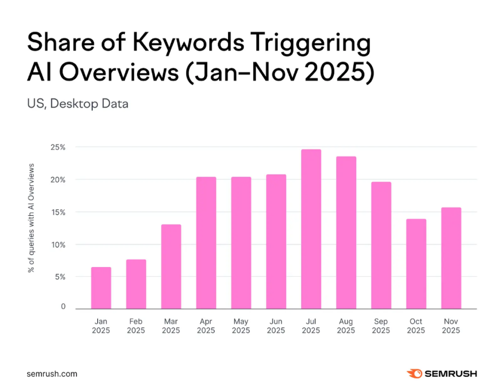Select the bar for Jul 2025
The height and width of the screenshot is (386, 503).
pyautogui.click(x=311, y=229)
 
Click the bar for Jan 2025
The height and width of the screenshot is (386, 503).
pyautogui.click(x=101, y=288)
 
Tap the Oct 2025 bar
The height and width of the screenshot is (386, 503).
pyautogui.click(x=416, y=264)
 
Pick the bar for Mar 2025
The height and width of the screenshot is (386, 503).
pyautogui.click(x=171, y=267)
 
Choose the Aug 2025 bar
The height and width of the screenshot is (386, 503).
pyautogui.click(x=346, y=233)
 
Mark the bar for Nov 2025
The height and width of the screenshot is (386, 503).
pyautogui.click(x=451, y=258)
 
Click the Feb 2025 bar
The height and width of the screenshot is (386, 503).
pyautogui.click(x=136, y=284)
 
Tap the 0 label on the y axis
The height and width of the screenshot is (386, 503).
pyautogui.click(x=63, y=307)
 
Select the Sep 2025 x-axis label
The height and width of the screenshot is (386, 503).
pyautogui.click(x=381, y=326)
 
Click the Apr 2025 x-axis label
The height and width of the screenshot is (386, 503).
pyautogui.click(x=206, y=326)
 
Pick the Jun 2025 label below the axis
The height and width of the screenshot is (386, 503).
pyautogui.click(x=276, y=326)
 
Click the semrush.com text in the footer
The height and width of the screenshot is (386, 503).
pyautogui.click(x=52, y=374)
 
